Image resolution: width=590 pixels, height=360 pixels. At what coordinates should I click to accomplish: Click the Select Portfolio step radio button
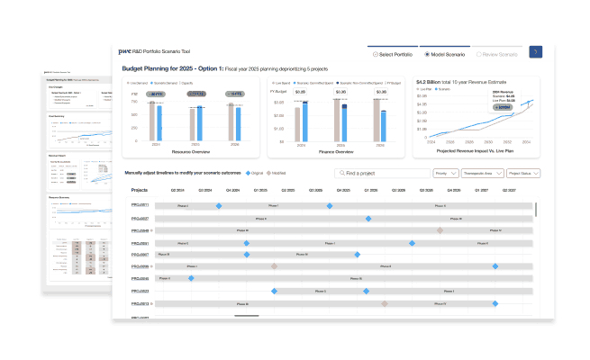point(372,54)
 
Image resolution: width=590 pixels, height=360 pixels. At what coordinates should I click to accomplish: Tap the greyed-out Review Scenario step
point(478,54)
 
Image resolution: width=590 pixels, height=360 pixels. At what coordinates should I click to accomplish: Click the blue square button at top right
point(535,53)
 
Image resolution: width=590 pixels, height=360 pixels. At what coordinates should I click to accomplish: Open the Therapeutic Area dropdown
point(482,173)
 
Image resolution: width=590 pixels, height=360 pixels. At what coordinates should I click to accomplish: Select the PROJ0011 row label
point(141,206)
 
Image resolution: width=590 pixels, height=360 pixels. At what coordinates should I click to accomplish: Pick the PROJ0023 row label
point(141,292)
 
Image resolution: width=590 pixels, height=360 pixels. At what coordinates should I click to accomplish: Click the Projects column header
point(140,191)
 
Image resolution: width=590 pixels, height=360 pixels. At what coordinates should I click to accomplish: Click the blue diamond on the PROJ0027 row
point(368,219)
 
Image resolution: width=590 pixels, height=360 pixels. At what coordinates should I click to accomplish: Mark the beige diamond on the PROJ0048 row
point(440,230)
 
